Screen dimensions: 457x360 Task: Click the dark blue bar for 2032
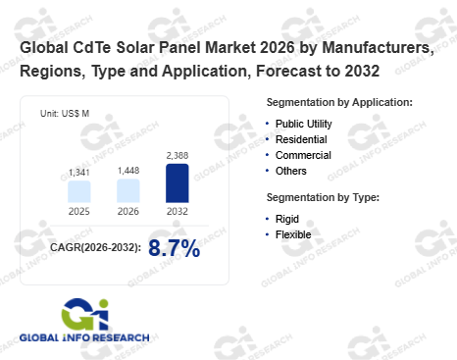[178, 183]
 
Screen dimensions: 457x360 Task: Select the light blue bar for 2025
[79, 191]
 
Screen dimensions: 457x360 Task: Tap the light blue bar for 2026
[128, 190]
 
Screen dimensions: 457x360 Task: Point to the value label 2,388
[178, 155]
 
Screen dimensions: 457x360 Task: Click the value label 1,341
[79, 173]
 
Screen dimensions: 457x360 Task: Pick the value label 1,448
[128, 171]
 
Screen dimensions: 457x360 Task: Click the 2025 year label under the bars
[79, 211]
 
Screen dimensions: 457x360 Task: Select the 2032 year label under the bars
[178, 211]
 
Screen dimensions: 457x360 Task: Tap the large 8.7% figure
[174, 248]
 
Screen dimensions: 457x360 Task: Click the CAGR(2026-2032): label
[95, 247]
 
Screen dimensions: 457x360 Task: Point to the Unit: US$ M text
[65, 114]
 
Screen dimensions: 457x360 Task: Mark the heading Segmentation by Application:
[339, 103]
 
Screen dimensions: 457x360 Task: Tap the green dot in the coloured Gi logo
[103, 304]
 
